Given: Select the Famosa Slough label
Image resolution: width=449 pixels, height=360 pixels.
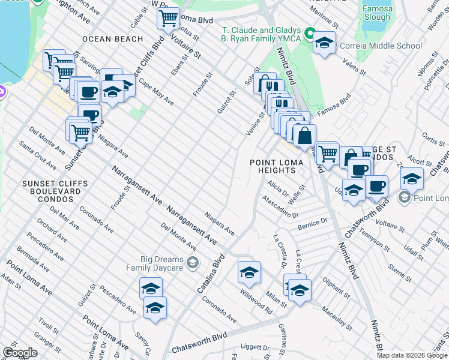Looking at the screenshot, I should tap(376, 13).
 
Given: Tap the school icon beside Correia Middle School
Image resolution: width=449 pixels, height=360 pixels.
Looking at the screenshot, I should tap(324, 43).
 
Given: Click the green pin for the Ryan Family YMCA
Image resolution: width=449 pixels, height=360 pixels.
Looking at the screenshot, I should tap(310, 32).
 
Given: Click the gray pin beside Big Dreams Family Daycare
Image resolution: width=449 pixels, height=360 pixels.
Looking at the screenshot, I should tap(192, 262).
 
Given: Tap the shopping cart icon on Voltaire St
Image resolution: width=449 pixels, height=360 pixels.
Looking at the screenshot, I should tap(169, 17).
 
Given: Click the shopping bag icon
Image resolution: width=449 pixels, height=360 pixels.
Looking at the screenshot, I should tap(304, 136).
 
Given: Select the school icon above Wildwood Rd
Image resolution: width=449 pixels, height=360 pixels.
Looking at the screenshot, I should tap(249, 272).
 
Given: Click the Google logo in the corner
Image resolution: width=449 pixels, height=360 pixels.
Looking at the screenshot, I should tap(20, 353).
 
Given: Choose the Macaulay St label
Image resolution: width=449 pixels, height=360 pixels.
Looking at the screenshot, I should tap(336, 317).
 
